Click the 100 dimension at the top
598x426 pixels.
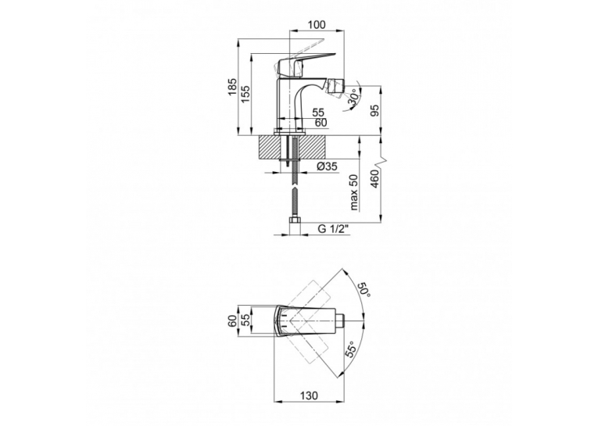[317, 25]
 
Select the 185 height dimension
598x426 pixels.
[232, 87]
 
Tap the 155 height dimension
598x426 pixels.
[245, 94]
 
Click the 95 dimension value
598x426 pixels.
[376, 110]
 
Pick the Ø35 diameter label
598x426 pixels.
[327, 166]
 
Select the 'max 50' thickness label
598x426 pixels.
[354, 192]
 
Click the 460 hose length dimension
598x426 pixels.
[375, 178]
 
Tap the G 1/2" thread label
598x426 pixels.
[333, 229]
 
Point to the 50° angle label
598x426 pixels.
[363, 292]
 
